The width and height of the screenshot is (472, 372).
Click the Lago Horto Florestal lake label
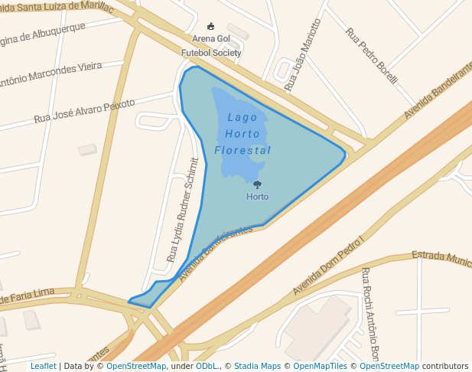tap(243, 134)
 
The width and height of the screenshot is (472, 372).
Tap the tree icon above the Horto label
tap(257, 184)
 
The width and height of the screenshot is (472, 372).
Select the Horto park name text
tap(257, 197)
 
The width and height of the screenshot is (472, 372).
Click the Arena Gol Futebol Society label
tap(211, 45)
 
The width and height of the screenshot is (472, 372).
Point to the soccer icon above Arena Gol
tap(211, 26)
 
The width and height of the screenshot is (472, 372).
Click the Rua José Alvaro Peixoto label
tap(84, 112)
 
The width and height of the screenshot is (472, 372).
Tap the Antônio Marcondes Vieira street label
tap(50, 74)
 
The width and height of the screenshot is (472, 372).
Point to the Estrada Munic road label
tap(442, 258)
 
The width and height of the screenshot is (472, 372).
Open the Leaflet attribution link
tap(43, 366)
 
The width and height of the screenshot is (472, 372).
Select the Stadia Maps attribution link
tap(257, 366)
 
